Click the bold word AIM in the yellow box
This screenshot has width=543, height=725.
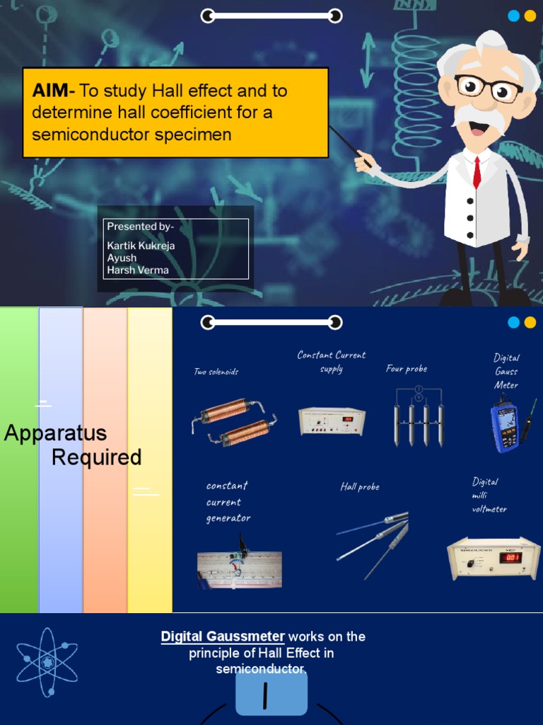coord(51,91)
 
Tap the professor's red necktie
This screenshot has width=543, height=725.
coord(477,172)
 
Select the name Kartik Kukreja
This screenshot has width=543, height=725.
coord(141,245)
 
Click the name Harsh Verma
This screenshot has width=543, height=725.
coord(138,270)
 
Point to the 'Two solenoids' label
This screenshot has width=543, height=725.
coord(216,372)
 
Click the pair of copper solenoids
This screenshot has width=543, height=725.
coord(233,422)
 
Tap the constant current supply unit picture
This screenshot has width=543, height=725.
coord(332,421)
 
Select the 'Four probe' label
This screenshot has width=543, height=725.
coord(407,369)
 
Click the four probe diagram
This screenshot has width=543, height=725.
coord(418,418)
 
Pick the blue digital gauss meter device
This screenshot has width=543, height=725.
coord(505,427)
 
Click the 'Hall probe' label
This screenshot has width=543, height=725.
coord(360,487)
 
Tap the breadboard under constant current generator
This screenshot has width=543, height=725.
coord(239,569)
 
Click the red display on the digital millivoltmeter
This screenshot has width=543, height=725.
coord(510,557)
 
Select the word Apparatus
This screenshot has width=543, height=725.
coord(55,433)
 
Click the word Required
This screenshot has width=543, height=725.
coord(97,457)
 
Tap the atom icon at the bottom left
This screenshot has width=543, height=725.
coord(47,663)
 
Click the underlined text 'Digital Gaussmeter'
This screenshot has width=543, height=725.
coord(223,636)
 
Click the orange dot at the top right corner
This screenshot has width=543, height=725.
coord(530,16)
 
